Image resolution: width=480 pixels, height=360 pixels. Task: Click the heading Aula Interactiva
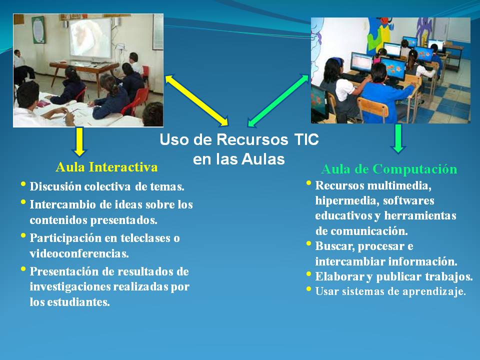[106, 166]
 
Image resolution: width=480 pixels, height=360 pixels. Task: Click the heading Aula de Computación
[388, 169]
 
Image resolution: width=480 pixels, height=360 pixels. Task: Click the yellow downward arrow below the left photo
[79, 141]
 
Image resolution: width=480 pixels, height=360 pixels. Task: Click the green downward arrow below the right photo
[398, 138]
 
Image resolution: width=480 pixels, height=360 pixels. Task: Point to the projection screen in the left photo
[90, 37]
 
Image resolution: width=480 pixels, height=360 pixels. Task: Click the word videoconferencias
[79, 253]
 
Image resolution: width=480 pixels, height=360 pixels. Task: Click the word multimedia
[400, 185]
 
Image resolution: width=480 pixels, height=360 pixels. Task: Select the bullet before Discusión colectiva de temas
[23, 185]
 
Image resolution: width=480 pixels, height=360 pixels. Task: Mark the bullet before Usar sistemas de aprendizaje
[309, 289]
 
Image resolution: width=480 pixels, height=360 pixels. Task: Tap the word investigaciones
[68, 287]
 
